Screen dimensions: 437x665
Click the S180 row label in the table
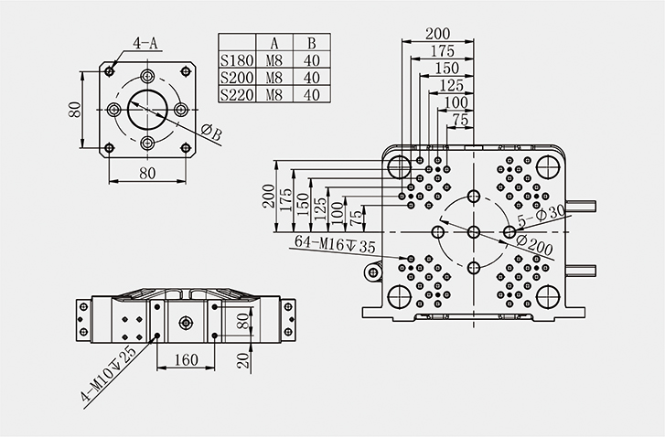point(236,60)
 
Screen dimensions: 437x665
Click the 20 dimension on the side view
point(243,358)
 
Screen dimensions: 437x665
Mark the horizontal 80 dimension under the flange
point(147,171)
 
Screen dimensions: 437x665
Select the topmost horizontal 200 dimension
point(444,34)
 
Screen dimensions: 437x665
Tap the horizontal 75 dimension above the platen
point(461,120)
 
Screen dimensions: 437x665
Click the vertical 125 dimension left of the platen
point(320,207)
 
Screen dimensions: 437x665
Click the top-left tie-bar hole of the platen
point(399,166)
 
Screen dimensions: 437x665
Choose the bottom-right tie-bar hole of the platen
point(548,296)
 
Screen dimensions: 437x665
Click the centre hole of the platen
point(473,231)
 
